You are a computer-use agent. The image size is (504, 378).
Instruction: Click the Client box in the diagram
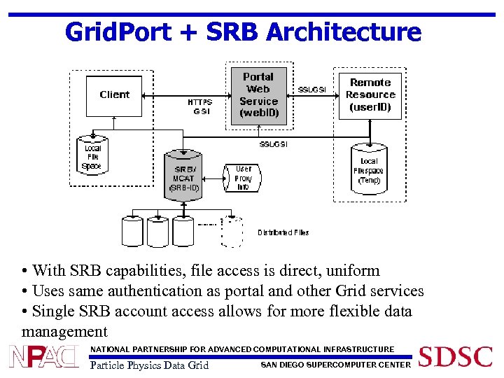click(114, 96)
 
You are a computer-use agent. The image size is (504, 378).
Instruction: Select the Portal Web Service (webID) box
click(258, 95)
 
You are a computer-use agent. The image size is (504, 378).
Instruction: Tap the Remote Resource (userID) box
click(370, 95)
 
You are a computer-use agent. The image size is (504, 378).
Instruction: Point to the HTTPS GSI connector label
click(199, 106)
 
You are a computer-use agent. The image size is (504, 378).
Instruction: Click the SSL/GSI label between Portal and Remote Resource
click(312, 90)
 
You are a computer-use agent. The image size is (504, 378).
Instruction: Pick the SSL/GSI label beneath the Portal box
click(273, 144)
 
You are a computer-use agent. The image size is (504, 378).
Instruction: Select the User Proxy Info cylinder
click(242, 178)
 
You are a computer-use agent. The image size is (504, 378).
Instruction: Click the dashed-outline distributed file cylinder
click(232, 232)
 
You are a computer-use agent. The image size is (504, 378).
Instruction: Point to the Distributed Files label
click(283, 232)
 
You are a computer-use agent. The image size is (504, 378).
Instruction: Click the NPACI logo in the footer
click(43, 357)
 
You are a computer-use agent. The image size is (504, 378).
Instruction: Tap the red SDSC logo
click(455, 357)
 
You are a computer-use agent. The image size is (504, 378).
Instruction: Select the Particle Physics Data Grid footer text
click(149, 365)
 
